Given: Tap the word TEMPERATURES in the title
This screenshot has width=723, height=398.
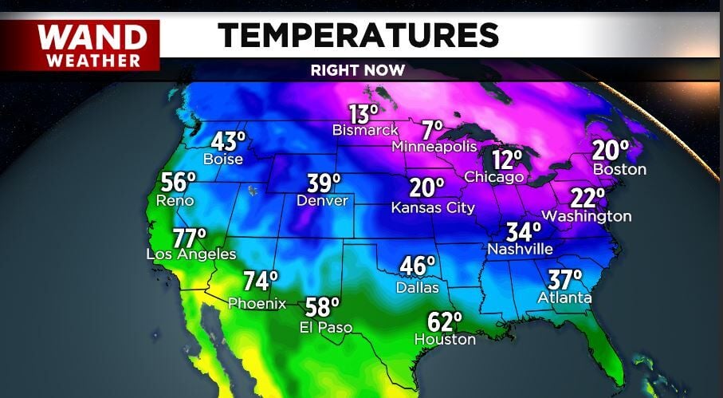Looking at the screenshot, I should pos(359,35).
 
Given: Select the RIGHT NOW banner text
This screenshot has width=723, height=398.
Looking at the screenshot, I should pos(358,70).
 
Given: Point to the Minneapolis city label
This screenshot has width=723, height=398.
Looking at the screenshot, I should pos(434,147).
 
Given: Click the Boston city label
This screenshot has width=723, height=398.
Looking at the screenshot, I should pos(619,169).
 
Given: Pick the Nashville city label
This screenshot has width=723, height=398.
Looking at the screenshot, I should pos(520,249).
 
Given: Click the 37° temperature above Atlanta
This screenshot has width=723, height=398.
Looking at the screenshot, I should pos(564,281).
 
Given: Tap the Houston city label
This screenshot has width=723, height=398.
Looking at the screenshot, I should pos(445,339).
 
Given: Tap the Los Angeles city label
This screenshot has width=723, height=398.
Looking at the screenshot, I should pos(191,254).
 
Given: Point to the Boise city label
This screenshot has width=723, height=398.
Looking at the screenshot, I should pos(223,159).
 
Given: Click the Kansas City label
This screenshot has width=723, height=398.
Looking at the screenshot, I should pos(433,207).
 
